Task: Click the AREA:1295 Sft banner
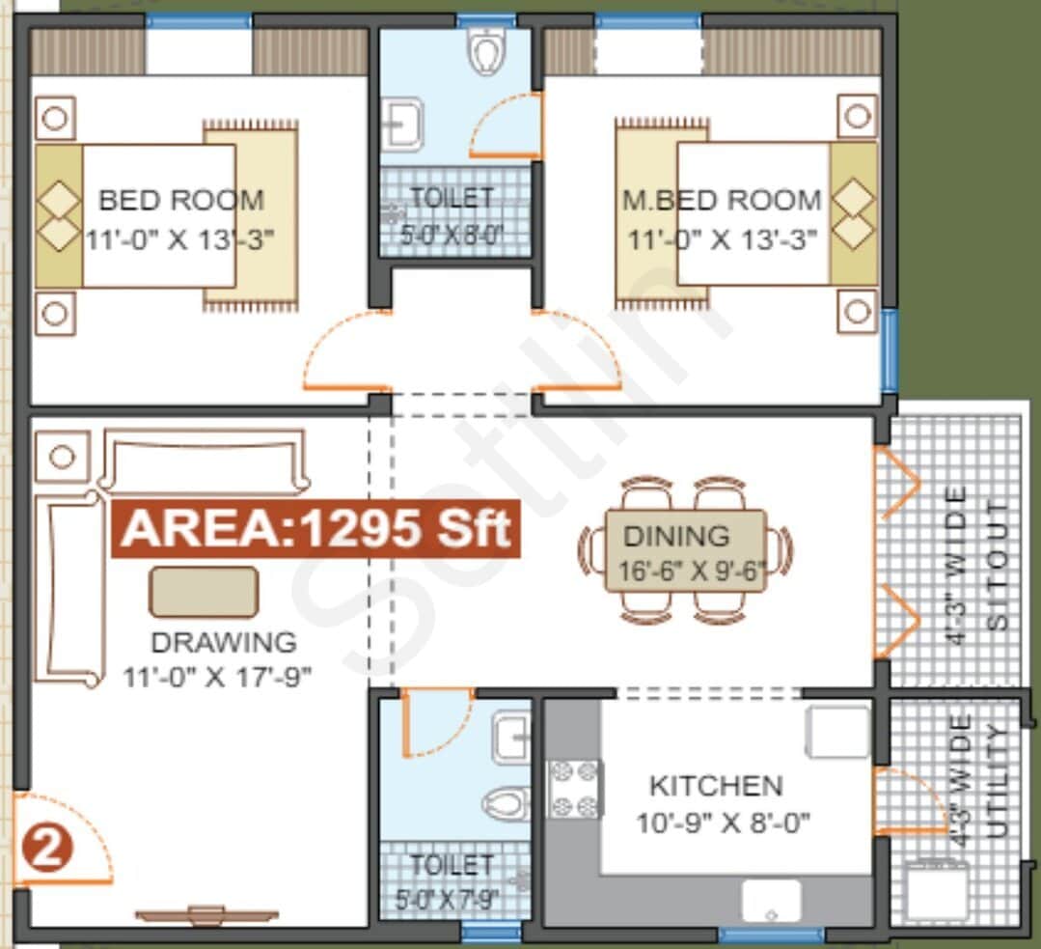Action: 316,530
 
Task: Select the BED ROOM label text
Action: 181,201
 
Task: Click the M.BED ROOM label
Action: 722,201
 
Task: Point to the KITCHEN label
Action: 715,786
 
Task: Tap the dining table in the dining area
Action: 685,550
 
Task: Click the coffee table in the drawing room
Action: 204,592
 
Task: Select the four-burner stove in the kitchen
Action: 575,789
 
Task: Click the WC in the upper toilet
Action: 486,50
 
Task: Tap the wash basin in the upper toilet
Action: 402,126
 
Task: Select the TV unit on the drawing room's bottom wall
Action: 206,916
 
